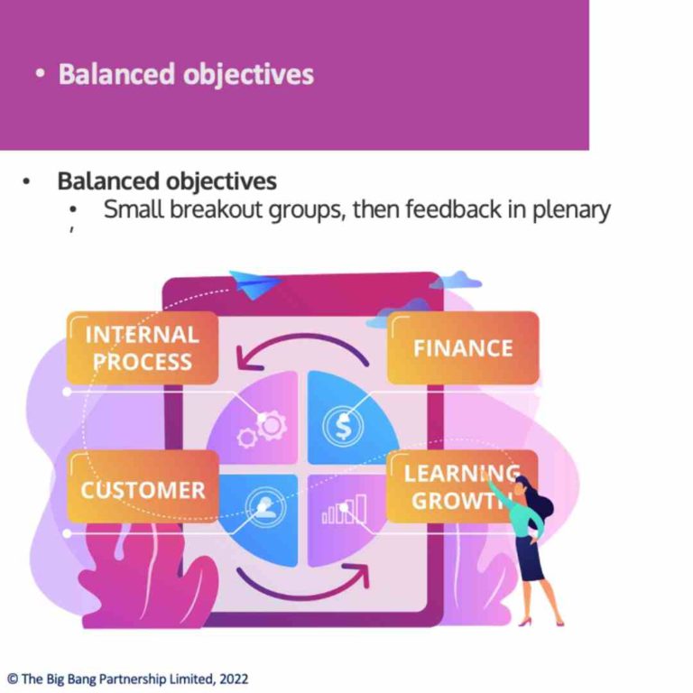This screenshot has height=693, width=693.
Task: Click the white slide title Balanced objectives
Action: (x=186, y=73)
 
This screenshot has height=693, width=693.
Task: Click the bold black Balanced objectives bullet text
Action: (x=167, y=180)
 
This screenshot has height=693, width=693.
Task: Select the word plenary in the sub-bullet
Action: (x=572, y=210)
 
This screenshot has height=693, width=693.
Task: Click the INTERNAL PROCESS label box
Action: (x=142, y=348)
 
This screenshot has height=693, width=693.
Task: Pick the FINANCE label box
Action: (x=463, y=348)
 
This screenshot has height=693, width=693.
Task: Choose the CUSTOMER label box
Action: (x=143, y=489)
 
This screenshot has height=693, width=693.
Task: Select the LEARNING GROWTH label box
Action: (x=461, y=486)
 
